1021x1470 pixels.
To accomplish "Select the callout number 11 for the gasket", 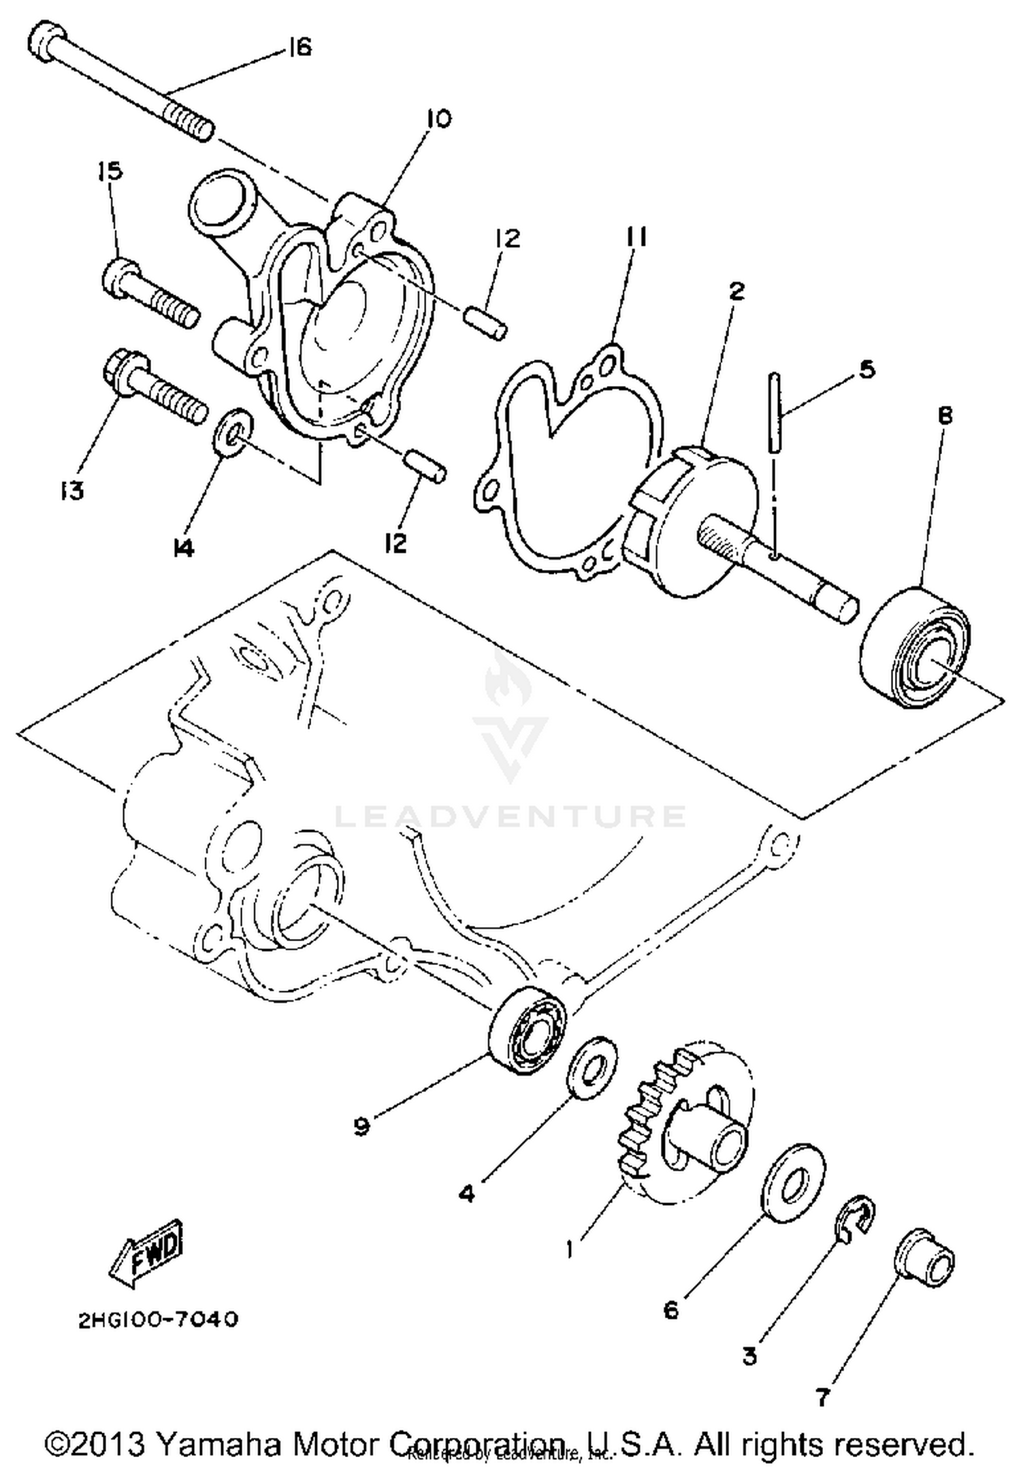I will (x=636, y=238).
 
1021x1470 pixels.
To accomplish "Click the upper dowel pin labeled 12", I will (x=485, y=322).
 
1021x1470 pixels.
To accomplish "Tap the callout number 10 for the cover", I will (x=439, y=119).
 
